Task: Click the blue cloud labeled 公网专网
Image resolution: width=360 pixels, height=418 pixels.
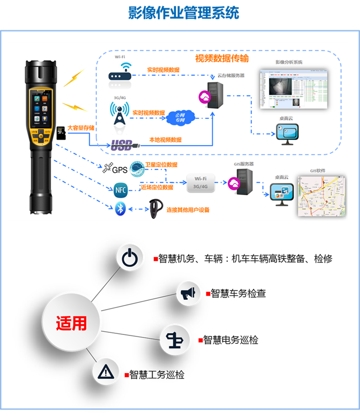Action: [x=181, y=117]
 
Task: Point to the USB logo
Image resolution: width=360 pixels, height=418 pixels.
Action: [x=122, y=145]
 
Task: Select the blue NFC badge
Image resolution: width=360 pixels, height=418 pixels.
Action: [x=121, y=189]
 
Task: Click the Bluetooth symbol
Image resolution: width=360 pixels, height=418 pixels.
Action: [x=120, y=210]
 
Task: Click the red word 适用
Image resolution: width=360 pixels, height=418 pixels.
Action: [x=72, y=324]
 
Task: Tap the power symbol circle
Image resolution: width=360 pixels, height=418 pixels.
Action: [x=129, y=257]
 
